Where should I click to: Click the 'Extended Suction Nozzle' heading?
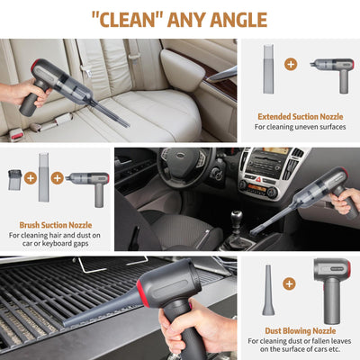pyautogui.click(x=300, y=116)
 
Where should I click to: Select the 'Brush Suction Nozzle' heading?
pyautogui.click(x=55, y=225)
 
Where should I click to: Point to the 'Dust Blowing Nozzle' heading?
pyautogui.click(x=300, y=330)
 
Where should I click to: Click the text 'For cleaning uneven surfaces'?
pyautogui.click(x=300, y=127)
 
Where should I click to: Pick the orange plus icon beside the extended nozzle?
pyautogui.click(x=290, y=65)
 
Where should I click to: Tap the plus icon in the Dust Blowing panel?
pyautogui.click(x=289, y=283)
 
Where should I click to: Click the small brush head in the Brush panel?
pyautogui.click(x=15, y=178)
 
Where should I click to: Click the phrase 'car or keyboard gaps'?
pyautogui.click(x=55, y=246)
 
